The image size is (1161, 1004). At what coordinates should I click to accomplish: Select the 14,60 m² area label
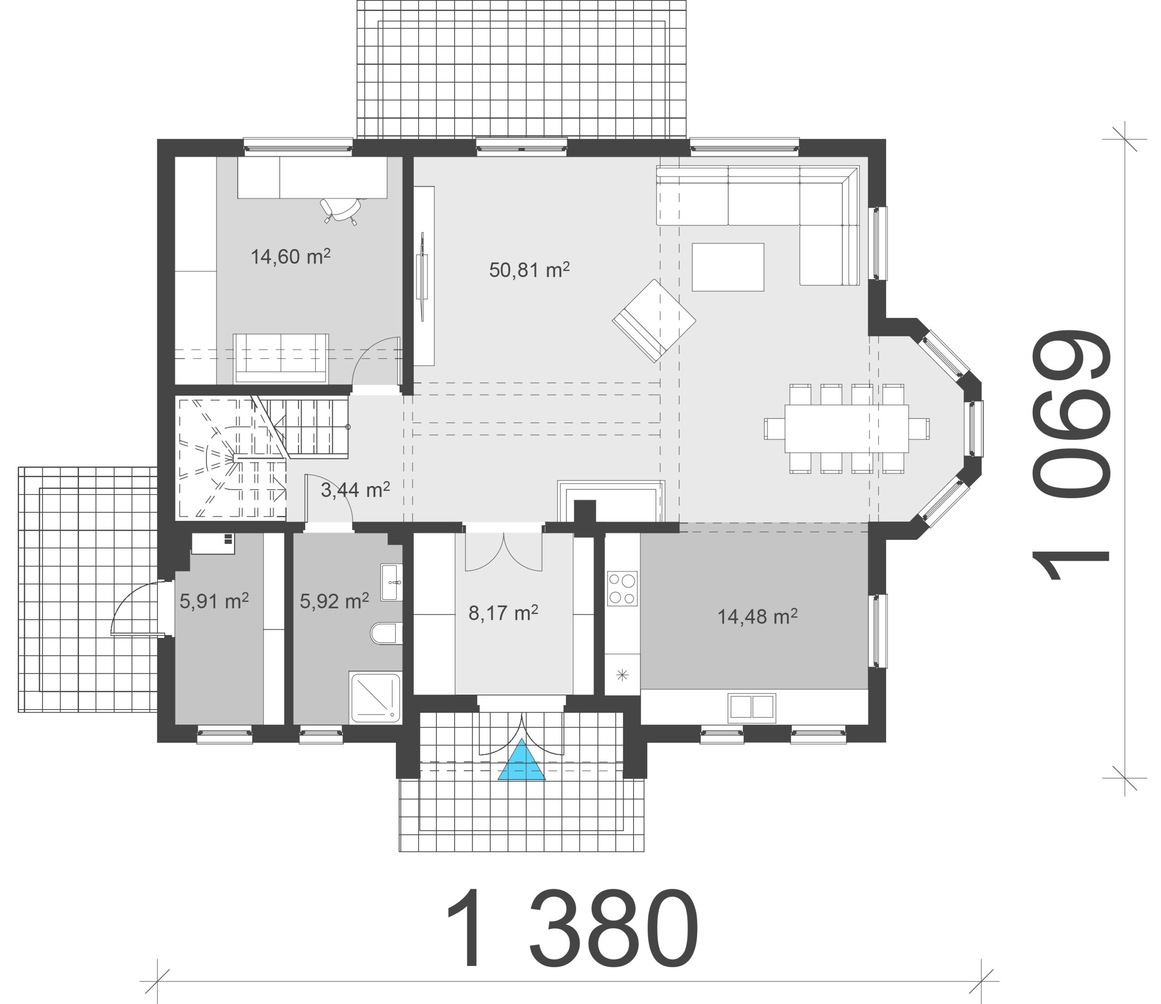pyautogui.click(x=290, y=256)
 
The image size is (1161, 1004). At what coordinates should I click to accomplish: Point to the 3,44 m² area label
pyautogui.click(x=355, y=490)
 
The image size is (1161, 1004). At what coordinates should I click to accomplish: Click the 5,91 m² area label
pyautogui.click(x=214, y=601)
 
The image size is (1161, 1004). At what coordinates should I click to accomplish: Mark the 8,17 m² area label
pyautogui.click(x=503, y=613)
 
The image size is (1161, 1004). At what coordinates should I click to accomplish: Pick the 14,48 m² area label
pyautogui.click(x=757, y=617)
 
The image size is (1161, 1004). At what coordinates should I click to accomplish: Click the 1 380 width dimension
pyautogui.click(x=572, y=929)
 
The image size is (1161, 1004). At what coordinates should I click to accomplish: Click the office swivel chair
pyautogui.click(x=341, y=210)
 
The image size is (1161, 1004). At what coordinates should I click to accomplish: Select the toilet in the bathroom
pyautogui.click(x=386, y=633)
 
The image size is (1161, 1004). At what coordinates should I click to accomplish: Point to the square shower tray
pyautogui.click(x=376, y=697)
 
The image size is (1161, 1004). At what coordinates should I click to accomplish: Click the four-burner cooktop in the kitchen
pyautogui.click(x=623, y=588)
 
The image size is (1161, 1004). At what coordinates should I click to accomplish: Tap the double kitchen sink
pyautogui.click(x=752, y=708)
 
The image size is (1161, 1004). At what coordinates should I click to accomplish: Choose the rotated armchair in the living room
pyautogui.click(x=654, y=320)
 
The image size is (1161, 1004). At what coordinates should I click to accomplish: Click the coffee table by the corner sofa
pyautogui.click(x=728, y=267)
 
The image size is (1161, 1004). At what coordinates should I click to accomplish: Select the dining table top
pyautogui.click(x=846, y=428)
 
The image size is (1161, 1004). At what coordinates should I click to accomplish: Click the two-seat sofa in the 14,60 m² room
pyautogui.click(x=281, y=359)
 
